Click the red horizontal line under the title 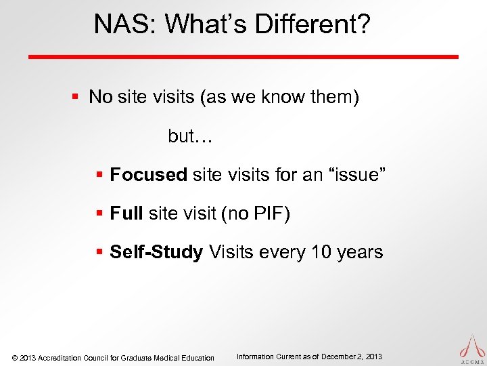243,56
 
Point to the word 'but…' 190,136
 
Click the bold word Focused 148,176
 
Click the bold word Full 126,214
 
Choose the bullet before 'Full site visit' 99,215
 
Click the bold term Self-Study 156,253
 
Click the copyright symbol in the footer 16,358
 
